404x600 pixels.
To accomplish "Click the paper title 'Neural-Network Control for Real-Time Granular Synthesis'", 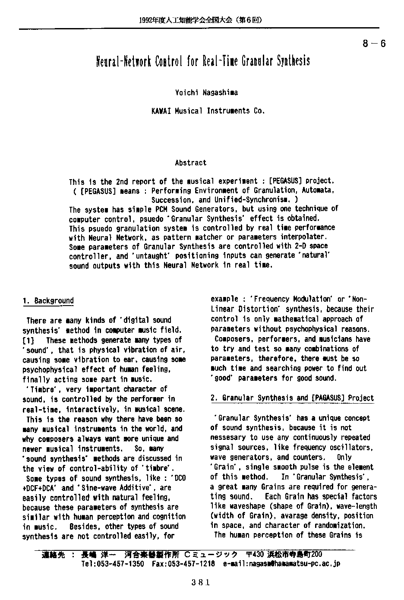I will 202,61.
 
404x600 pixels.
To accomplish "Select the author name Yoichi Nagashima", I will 206,92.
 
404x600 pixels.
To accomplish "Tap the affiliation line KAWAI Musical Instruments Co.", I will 208,111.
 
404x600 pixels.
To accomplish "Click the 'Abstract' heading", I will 191,163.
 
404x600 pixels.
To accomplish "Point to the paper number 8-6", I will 374,43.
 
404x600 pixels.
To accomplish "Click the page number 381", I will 200,582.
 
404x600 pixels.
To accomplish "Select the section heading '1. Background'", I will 48,301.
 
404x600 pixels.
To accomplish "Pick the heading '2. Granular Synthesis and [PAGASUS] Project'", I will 292,398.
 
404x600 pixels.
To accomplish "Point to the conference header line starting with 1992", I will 201,20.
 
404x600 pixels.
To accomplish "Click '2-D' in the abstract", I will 301,246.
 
